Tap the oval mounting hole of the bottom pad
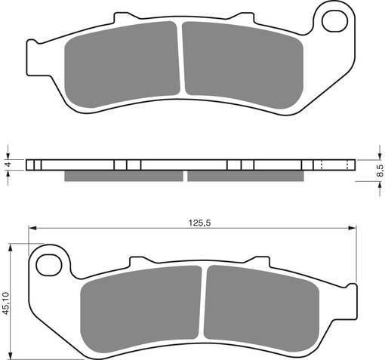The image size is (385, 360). (x=49, y=263)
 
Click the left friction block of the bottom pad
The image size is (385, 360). (x=142, y=306)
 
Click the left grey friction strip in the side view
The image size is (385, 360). (x=124, y=176)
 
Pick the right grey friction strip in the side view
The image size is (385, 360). (x=245, y=176)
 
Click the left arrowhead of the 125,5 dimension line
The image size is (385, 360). (x=32, y=227)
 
